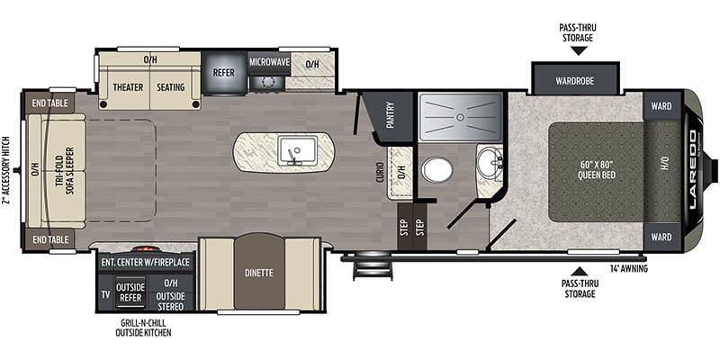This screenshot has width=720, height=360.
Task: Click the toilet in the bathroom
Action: (437, 170)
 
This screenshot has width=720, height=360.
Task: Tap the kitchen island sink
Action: (296, 152)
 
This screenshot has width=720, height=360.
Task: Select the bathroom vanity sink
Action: (489, 163)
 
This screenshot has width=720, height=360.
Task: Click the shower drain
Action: (460, 117)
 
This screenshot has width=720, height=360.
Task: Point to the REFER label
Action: (223, 73)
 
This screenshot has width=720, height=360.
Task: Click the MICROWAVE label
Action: (269, 61)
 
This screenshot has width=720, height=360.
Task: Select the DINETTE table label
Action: (259, 273)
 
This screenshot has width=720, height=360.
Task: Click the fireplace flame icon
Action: (144, 249)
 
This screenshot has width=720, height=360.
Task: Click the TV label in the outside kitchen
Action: (105, 295)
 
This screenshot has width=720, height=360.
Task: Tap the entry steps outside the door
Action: (373, 266)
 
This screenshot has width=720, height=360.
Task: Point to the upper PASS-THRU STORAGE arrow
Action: (579, 50)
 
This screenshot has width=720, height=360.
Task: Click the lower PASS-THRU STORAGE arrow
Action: (580, 272)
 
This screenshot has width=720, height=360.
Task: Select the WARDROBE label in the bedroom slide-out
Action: (575, 81)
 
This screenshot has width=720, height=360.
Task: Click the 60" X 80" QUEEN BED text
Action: (597, 170)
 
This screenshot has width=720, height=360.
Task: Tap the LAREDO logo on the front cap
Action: (693, 156)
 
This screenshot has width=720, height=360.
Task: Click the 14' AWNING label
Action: (628, 268)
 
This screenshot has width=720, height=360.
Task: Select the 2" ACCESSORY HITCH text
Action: (6, 171)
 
